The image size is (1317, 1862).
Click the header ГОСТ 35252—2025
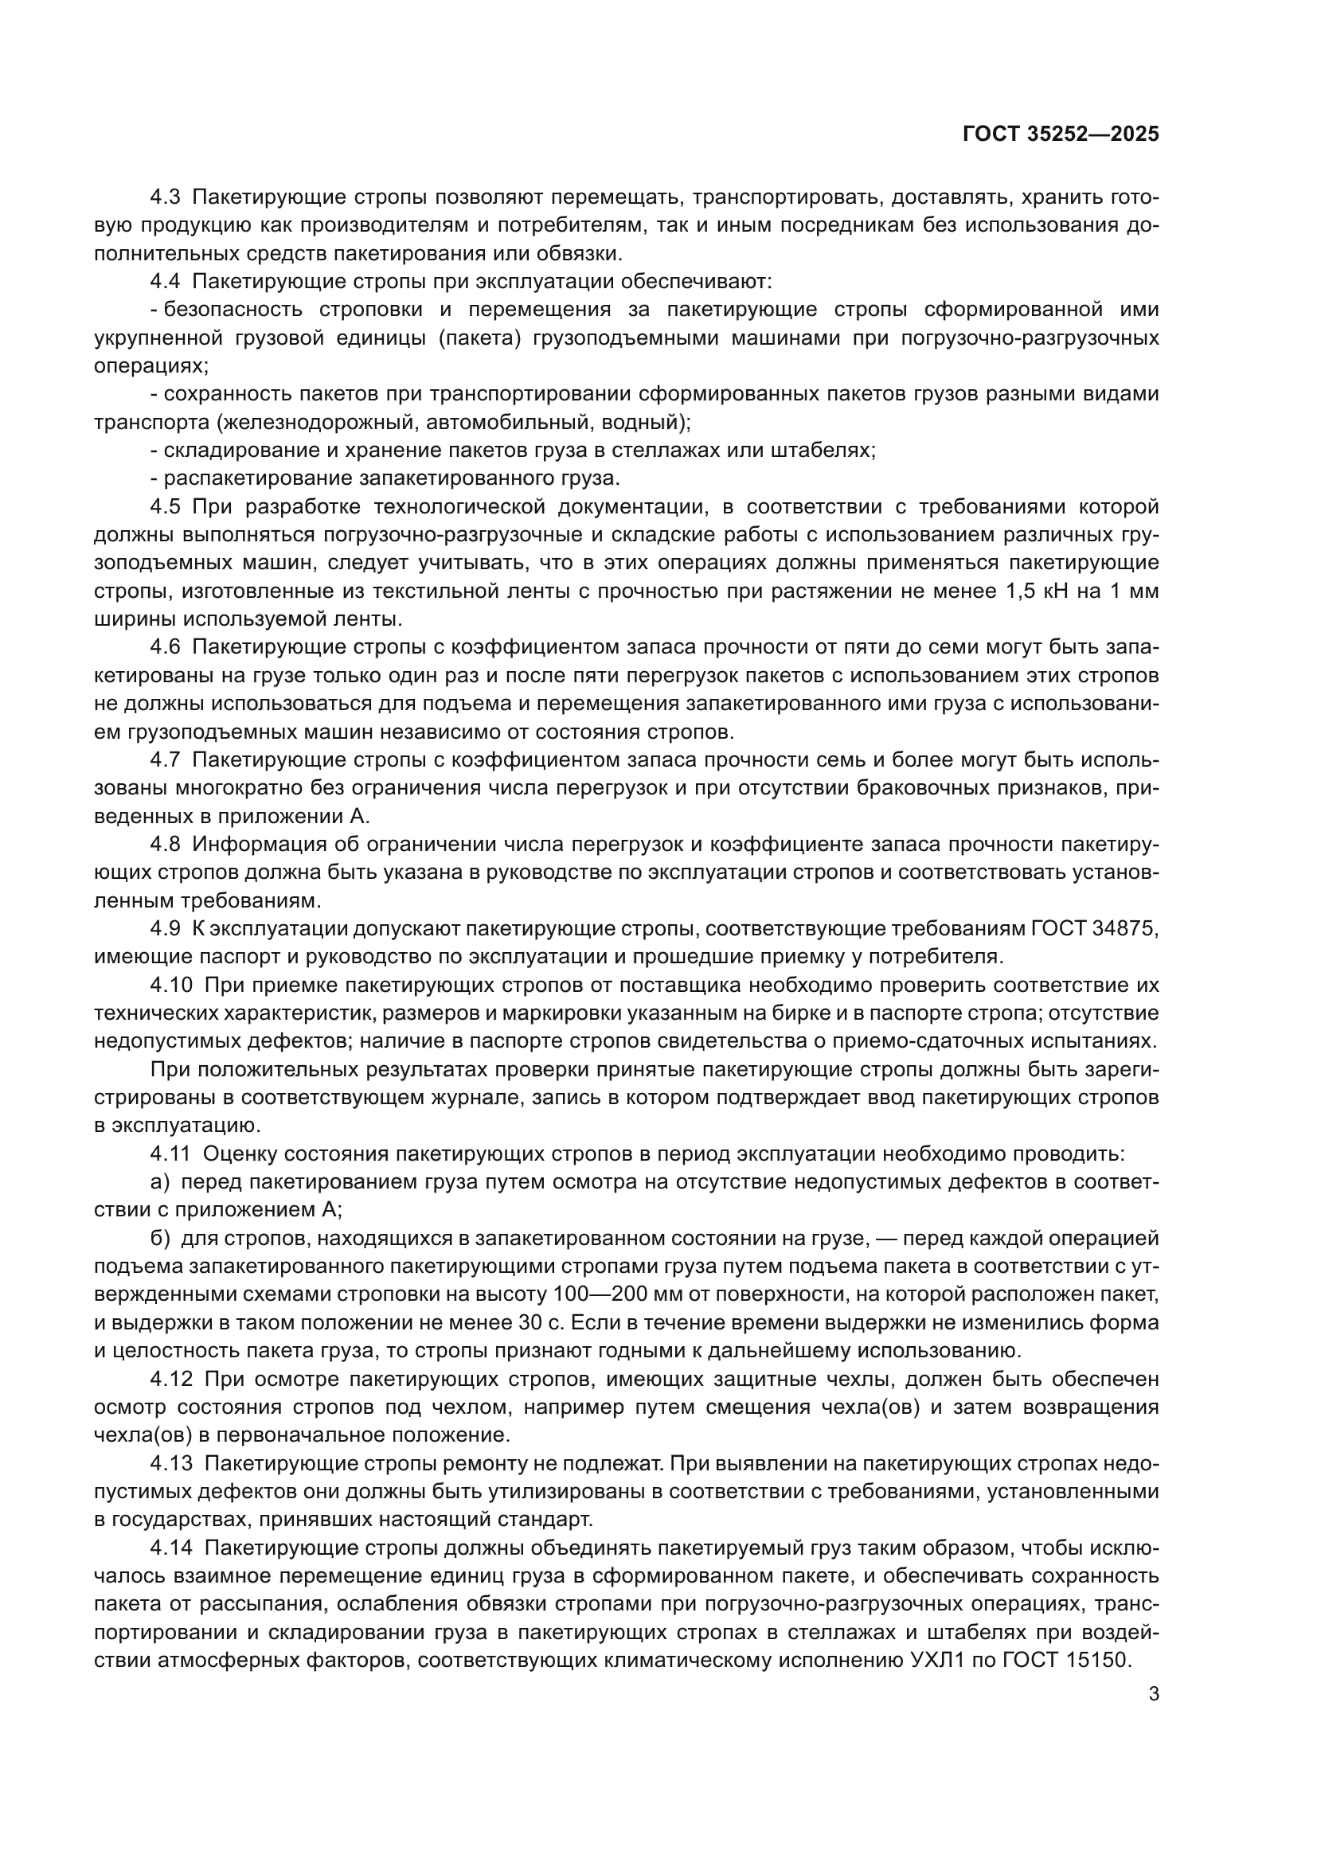(1061, 135)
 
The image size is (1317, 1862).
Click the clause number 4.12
(171, 1379)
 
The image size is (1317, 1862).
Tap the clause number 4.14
(171, 1548)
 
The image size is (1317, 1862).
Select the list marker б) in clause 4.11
(160, 1239)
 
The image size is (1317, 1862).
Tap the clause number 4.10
(171, 986)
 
